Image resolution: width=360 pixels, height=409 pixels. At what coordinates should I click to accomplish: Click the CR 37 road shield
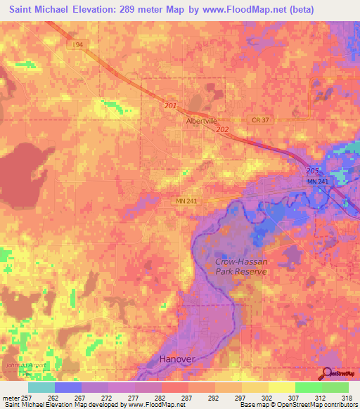[x=260, y=120]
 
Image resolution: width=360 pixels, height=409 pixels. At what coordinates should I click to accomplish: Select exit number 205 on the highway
[x=313, y=171]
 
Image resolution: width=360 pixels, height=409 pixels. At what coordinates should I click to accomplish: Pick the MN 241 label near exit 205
[x=317, y=182]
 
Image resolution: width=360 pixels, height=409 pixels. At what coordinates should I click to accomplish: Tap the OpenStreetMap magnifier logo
[x=328, y=375]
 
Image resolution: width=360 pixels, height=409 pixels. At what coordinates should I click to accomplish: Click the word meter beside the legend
[x=10, y=397]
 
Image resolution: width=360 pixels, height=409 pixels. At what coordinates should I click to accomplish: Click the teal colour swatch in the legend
[x=41, y=387]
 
